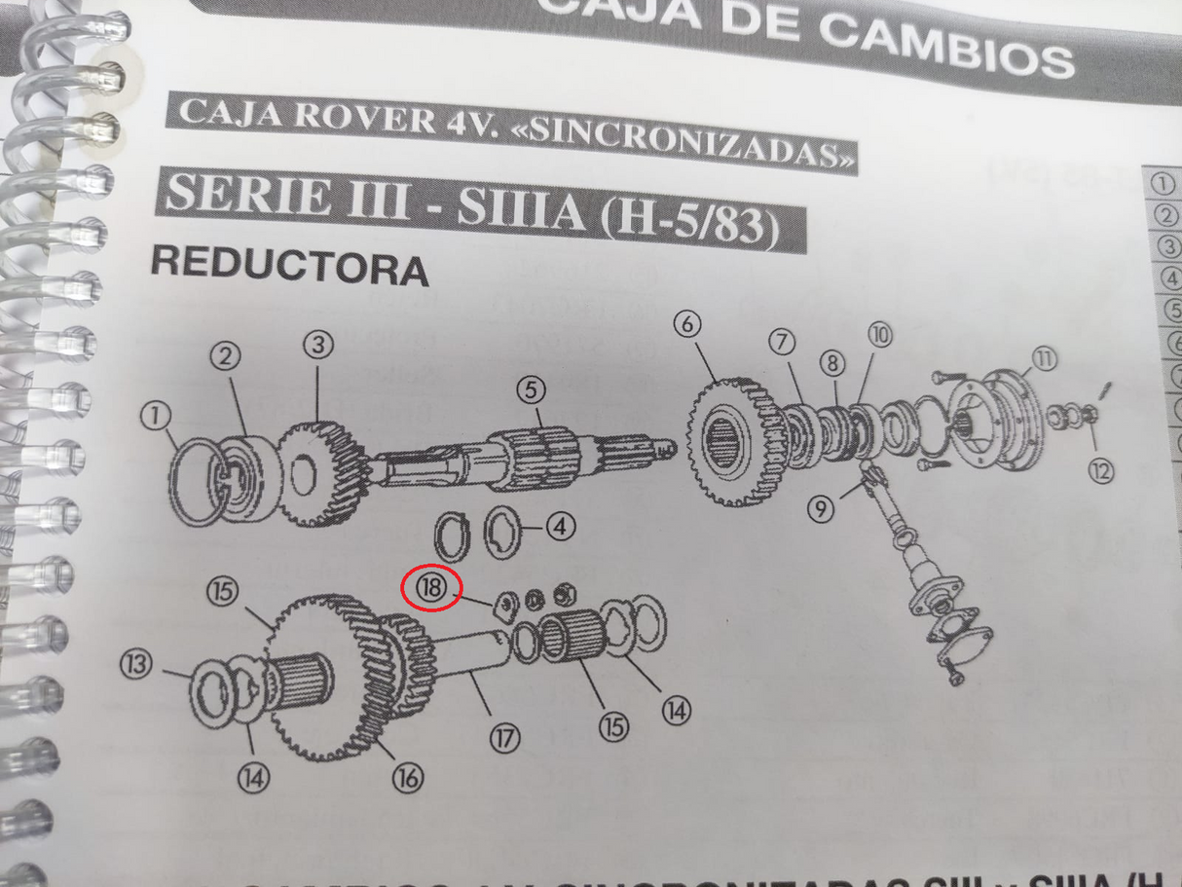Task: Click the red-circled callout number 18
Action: [431, 587]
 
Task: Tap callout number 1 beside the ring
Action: [154, 417]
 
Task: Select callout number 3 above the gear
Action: [317, 344]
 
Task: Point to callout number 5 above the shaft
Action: [531, 390]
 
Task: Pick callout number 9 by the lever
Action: [821, 507]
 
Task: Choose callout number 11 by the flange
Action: [1043, 359]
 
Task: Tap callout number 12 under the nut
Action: [1101, 471]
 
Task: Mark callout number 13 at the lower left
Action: [136, 664]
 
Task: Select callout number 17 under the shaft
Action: [503, 738]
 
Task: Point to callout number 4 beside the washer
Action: [560, 528]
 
